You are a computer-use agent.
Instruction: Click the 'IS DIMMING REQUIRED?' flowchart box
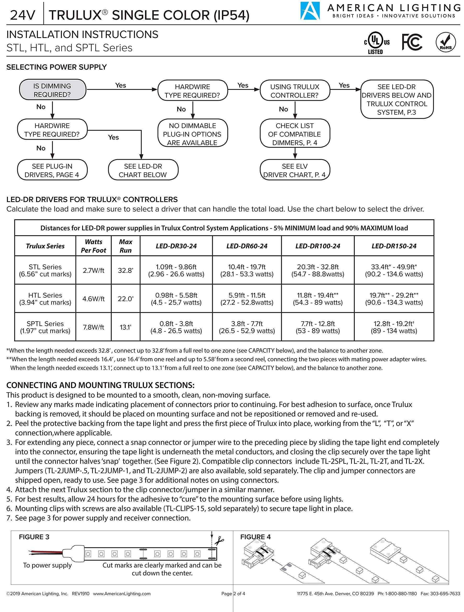click(52, 90)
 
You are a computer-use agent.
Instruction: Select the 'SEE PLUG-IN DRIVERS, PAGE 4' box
click(52, 170)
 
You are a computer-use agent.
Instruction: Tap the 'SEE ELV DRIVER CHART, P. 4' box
click(295, 170)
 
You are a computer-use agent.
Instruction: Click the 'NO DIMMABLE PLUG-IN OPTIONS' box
click(193, 134)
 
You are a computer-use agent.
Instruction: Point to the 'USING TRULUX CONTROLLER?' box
click(295, 91)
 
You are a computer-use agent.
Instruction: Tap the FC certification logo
click(412, 42)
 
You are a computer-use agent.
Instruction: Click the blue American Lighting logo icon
click(310, 11)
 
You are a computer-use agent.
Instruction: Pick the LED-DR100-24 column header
click(318, 246)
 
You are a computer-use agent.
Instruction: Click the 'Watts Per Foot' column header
click(93, 246)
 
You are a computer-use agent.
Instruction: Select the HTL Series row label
click(45, 299)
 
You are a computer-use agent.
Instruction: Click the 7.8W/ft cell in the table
click(93, 327)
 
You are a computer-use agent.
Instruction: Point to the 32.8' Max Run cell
click(126, 270)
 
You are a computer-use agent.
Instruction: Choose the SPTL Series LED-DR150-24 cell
click(394, 327)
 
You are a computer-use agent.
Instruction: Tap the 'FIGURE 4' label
click(255, 537)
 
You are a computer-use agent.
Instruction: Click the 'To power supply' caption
click(47, 565)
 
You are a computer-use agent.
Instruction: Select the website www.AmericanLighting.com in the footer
click(122, 593)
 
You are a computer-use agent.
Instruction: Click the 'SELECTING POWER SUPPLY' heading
click(56, 67)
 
